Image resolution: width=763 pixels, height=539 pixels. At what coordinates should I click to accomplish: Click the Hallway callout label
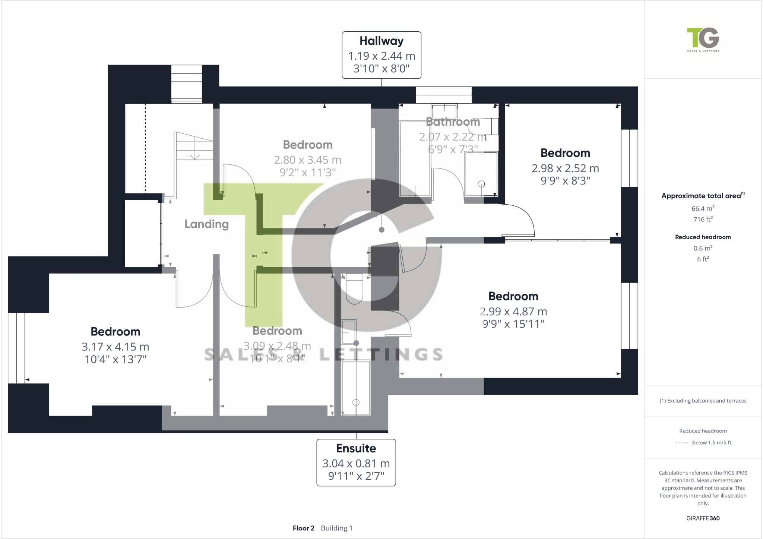pos(381,55)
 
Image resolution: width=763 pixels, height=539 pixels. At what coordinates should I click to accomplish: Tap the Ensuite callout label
pos(356,462)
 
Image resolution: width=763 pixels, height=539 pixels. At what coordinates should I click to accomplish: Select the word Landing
pos(206,224)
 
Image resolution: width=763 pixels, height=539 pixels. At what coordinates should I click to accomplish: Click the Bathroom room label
pos(453,122)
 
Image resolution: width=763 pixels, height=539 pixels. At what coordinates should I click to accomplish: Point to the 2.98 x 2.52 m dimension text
pos(565,168)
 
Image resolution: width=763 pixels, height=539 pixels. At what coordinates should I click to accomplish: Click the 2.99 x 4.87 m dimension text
pos(513,311)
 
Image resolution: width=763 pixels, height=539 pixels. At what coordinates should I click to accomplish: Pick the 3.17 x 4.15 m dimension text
pos(115,347)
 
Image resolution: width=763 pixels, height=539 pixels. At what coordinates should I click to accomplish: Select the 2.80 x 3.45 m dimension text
pos(308,160)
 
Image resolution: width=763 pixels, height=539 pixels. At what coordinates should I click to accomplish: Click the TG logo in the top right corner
pos(703,39)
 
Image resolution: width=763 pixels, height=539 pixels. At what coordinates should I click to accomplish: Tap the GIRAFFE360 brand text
pos(703,518)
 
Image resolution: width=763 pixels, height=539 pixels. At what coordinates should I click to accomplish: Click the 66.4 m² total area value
pos(703,208)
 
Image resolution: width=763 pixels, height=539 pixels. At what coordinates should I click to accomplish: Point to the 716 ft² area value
pos(703,219)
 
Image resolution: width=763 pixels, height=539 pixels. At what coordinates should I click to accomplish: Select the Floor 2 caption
pos(303,528)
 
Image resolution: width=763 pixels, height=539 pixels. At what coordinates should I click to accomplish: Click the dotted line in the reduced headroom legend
pos(681,443)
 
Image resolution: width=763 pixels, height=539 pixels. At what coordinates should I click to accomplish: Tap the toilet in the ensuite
pos(354,289)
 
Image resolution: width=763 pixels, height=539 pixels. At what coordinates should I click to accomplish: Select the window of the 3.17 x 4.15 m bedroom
pos(16,348)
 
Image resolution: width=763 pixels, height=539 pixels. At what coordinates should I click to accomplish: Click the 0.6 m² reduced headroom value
pos(703,248)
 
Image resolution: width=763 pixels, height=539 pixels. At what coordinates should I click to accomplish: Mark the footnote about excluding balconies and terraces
pos(703,401)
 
